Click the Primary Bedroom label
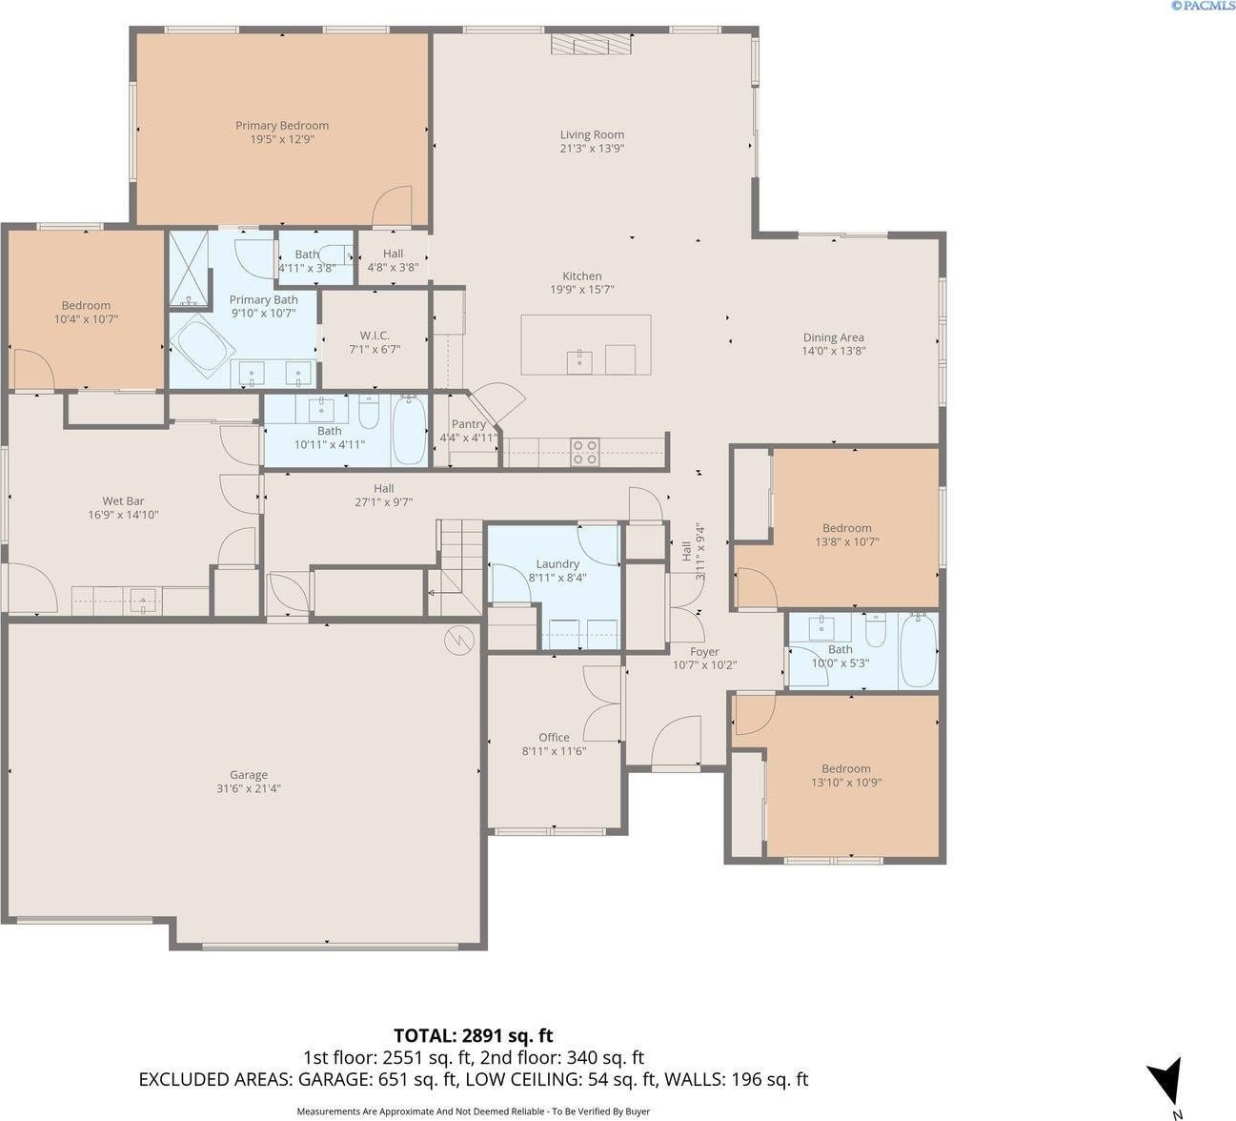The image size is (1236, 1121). pyautogui.click(x=282, y=125)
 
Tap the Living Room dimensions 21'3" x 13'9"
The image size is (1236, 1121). pyautogui.click(x=592, y=148)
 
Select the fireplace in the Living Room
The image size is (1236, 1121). pyautogui.click(x=592, y=45)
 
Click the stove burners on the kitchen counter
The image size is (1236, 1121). pyautogui.click(x=585, y=452)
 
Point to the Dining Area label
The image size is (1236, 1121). pyautogui.click(x=834, y=337)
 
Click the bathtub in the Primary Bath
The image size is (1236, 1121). pyautogui.click(x=202, y=345)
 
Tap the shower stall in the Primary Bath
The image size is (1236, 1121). pyautogui.click(x=189, y=269)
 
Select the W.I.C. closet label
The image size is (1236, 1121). pyautogui.click(x=375, y=336)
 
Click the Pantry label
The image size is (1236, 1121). pyautogui.click(x=469, y=424)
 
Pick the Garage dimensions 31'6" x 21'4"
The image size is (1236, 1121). pyautogui.click(x=249, y=788)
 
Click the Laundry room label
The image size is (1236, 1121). pyautogui.click(x=557, y=563)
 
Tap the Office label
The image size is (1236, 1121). pyautogui.click(x=554, y=737)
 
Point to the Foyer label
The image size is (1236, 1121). pyautogui.click(x=704, y=652)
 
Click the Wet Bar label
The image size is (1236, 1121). pyautogui.click(x=123, y=501)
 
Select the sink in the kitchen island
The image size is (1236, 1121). pyautogui.click(x=579, y=362)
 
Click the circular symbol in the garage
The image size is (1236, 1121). pyautogui.click(x=459, y=640)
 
